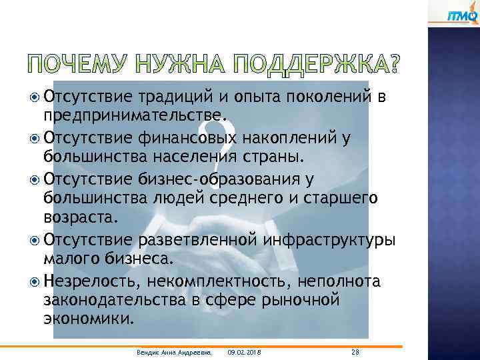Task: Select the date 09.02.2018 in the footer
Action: [x=244, y=351]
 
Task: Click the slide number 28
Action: [x=354, y=351]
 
